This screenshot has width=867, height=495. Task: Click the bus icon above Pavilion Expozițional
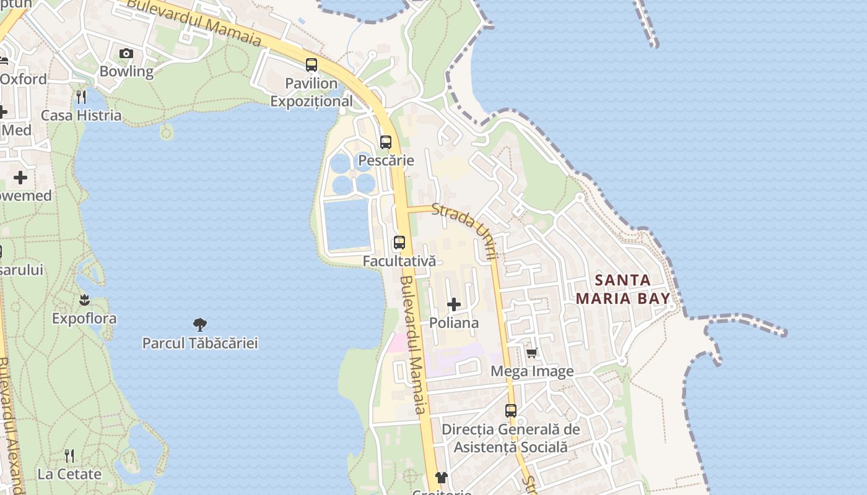click(x=312, y=64)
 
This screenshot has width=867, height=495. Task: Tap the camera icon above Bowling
click(x=126, y=54)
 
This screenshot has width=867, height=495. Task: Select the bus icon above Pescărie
click(x=386, y=142)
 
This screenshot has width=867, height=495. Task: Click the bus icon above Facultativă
click(x=399, y=242)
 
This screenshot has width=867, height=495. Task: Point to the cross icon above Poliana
click(x=454, y=304)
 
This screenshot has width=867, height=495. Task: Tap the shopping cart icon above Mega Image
click(x=531, y=353)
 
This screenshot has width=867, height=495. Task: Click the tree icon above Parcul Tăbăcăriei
click(x=199, y=324)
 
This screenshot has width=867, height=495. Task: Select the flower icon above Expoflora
click(x=84, y=300)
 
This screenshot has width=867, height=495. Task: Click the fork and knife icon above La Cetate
click(x=69, y=456)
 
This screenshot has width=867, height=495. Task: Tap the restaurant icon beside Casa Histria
click(x=81, y=97)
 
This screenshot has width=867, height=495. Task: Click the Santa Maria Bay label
click(x=623, y=289)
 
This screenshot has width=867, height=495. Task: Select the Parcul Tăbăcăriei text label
click(x=200, y=343)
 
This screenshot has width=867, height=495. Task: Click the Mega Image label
click(x=532, y=371)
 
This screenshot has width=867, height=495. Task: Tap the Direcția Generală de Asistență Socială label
click(x=511, y=437)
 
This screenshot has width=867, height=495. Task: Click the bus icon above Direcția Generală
click(x=511, y=410)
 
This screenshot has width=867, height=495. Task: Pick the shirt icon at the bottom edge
click(x=441, y=477)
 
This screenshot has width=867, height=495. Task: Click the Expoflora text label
click(x=84, y=319)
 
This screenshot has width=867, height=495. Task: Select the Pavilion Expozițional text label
click(x=312, y=92)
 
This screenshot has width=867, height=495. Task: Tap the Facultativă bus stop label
click(x=399, y=261)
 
